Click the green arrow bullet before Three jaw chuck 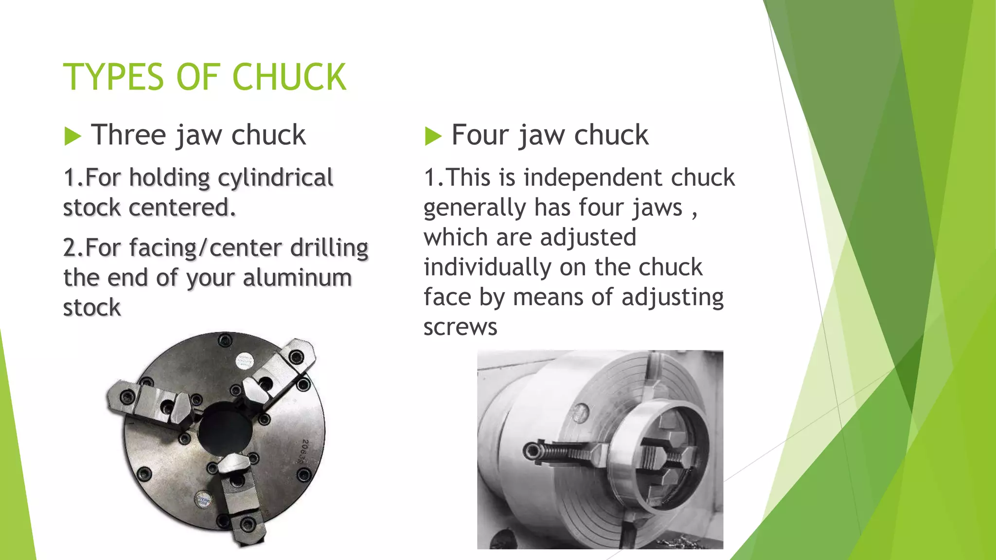tap(72, 136)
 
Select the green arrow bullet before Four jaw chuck tap(433, 136)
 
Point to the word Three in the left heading tap(128, 135)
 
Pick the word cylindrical tap(275, 178)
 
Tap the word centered tap(182, 208)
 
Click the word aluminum tap(297, 278)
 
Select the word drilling tap(329, 248)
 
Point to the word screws tap(460, 327)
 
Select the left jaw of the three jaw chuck tap(151, 402)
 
